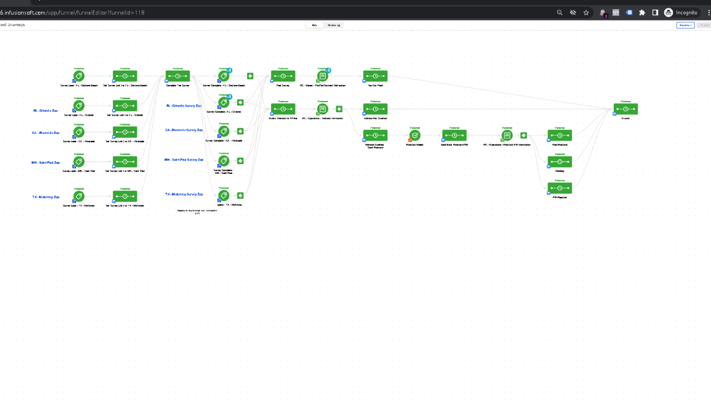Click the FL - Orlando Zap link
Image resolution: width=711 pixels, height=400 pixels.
[x=46, y=111]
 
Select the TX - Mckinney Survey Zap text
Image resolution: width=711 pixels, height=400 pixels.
[x=184, y=194]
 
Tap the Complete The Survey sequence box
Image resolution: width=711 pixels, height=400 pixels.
[x=178, y=76]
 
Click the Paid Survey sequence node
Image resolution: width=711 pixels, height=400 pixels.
[x=283, y=76]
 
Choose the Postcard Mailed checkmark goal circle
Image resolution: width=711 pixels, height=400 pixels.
[x=415, y=136]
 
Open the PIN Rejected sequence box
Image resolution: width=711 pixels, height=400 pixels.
[x=559, y=188]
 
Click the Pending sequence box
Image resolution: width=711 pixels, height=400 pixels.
[x=559, y=162]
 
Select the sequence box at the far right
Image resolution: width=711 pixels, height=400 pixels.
[x=625, y=109]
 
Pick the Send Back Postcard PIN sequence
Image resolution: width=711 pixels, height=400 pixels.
[x=454, y=136]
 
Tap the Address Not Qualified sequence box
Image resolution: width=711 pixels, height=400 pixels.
[x=375, y=109]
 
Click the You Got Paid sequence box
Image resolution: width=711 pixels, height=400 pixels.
[x=375, y=76]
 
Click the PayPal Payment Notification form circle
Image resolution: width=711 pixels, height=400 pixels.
[x=323, y=76]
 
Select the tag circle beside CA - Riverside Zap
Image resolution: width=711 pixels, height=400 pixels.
[x=79, y=132]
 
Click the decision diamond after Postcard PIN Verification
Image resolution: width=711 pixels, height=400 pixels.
[x=523, y=135]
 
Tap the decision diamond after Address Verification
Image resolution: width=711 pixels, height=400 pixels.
[x=339, y=109]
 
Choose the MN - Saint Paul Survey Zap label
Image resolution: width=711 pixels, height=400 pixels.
[x=183, y=160]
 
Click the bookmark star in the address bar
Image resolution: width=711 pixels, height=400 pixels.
[x=586, y=12]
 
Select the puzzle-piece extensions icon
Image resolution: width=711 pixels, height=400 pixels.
[x=642, y=12]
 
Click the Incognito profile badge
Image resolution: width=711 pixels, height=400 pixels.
[x=682, y=12]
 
